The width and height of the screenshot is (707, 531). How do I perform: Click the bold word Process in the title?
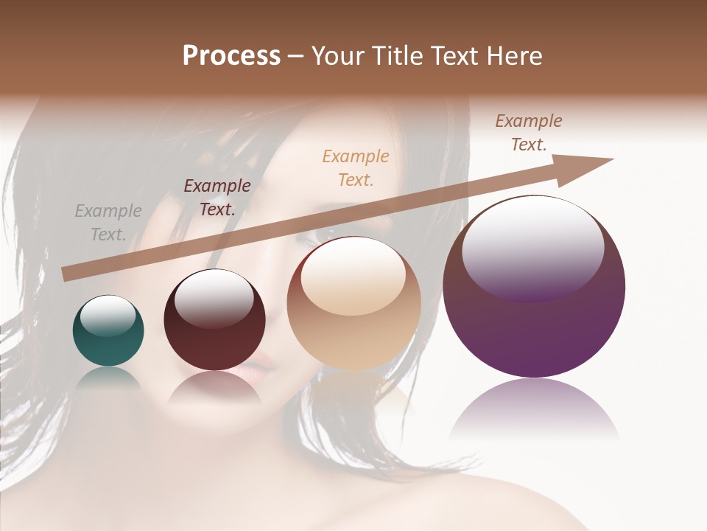(231, 56)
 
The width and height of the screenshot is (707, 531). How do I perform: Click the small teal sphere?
(108, 330)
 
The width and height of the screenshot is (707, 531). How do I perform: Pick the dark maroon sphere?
(214, 320)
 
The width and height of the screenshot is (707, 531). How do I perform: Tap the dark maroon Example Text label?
(217, 197)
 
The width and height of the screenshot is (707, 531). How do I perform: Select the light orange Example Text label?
(356, 167)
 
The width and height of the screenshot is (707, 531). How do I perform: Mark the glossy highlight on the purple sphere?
(533, 248)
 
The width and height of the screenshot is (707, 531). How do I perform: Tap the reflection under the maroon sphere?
(214, 388)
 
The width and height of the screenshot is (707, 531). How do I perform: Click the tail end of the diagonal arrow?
(68, 274)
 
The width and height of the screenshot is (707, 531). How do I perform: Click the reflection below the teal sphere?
(108, 378)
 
